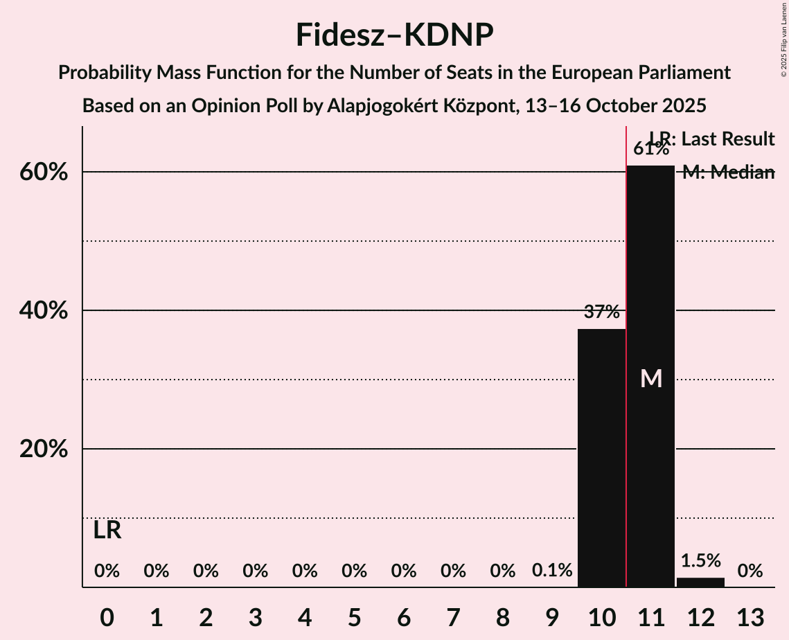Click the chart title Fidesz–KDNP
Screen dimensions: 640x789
tap(394, 35)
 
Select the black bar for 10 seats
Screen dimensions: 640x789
tap(601, 457)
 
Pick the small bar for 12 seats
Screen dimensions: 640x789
tap(700, 583)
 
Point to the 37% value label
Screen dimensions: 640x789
tap(601, 312)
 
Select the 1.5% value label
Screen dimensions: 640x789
tap(700, 560)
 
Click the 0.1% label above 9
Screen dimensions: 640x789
tap(552, 571)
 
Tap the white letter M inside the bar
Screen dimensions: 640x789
tap(651, 378)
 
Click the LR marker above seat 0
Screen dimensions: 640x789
tap(107, 531)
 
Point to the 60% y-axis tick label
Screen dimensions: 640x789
tap(44, 172)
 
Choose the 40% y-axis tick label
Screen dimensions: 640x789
tap(44, 311)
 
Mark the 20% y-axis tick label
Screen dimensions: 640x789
tap(44, 450)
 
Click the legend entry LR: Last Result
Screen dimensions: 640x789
tap(711, 139)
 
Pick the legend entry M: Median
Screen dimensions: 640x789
tap(728, 172)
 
